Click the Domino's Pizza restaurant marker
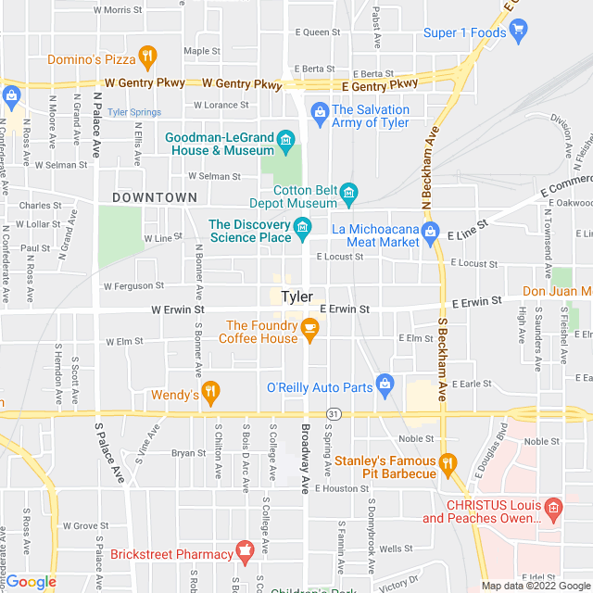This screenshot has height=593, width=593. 145,58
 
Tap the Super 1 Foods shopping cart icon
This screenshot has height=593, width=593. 518,32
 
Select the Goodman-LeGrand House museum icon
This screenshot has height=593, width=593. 285,141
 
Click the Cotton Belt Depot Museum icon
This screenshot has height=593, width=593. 348,194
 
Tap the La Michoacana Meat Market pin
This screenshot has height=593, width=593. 429,232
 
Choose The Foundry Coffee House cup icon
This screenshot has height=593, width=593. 309,328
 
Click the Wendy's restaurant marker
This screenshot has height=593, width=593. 210,393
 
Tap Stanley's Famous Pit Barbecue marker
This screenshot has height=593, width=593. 448,463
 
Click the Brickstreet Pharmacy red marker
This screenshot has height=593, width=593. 245,552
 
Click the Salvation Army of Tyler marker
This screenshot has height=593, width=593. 320,113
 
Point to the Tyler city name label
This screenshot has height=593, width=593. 296,297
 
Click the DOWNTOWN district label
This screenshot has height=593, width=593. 155,197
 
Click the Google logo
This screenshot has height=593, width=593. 31,582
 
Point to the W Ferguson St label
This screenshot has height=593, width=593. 133,286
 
